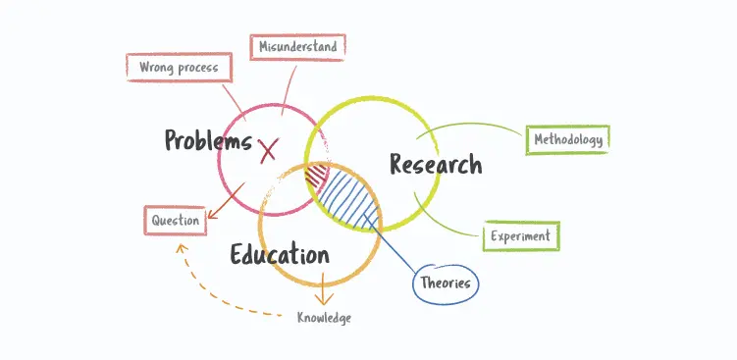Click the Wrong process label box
[178, 68]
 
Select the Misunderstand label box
[297, 46]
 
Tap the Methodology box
[567, 140]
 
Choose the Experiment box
[521, 235]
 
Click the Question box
[175, 221]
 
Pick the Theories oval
[446, 283]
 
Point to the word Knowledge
[324, 318]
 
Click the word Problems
[208, 140]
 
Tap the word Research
[436, 164]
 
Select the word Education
[280, 255]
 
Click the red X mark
[268, 150]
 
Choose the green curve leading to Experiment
[447, 222]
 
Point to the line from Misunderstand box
[287, 83]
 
